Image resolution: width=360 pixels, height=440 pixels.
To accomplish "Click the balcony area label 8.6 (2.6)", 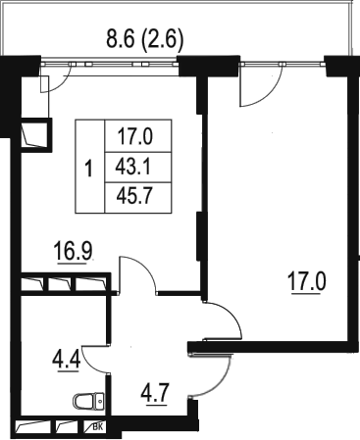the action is (144, 40).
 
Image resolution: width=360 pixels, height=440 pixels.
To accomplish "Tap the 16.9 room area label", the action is (74, 251).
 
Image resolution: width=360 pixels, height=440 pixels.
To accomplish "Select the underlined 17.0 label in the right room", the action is (307, 282).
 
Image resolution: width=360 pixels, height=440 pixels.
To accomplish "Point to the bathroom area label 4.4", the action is (66, 360).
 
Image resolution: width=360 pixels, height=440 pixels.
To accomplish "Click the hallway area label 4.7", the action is (155, 394).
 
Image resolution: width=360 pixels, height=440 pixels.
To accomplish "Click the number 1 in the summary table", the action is (88, 169).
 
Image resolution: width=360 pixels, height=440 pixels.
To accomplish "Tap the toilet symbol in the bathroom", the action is (88, 401).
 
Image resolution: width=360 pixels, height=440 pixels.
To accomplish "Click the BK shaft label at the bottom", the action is (97, 426).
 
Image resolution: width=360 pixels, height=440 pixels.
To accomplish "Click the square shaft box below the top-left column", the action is (35, 135).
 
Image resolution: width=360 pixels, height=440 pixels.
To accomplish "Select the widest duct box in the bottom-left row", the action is (33, 426).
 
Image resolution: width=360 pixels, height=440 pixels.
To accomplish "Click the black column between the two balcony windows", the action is (208, 66).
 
